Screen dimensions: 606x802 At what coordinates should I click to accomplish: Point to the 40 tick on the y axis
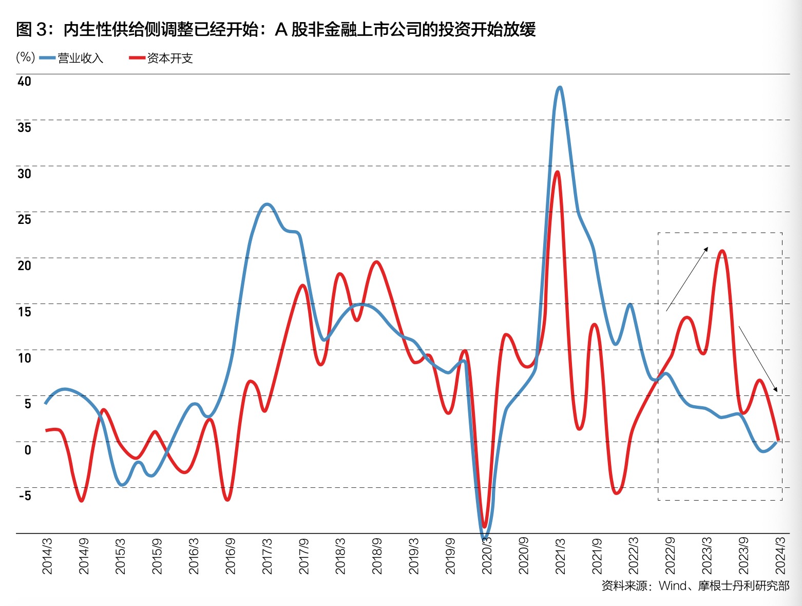click(x=24, y=81)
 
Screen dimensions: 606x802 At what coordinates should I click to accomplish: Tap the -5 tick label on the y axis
click(x=25, y=496)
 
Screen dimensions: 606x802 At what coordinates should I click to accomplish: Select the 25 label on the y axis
click(x=24, y=219)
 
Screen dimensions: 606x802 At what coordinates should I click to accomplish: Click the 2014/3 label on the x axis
click(x=47, y=556)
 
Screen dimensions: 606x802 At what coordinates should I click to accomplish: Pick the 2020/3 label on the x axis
click(x=487, y=556)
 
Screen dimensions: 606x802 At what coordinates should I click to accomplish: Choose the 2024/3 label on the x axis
click(x=781, y=556)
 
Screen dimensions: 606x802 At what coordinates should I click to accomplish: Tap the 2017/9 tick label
click(x=303, y=556)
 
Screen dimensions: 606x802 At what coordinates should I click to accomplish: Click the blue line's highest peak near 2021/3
click(x=560, y=88)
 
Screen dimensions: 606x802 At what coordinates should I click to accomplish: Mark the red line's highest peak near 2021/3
click(x=558, y=172)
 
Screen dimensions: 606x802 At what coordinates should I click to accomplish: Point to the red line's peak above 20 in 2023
click(x=722, y=251)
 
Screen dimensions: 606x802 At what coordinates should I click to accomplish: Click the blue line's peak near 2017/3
click(x=267, y=204)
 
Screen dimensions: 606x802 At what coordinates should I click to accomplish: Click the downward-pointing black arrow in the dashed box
click(x=758, y=359)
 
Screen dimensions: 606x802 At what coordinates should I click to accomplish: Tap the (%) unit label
click(x=25, y=57)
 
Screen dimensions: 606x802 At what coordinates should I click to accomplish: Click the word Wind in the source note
click(x=672, y=585)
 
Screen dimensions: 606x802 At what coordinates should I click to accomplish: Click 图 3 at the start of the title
click(x=31, y=30)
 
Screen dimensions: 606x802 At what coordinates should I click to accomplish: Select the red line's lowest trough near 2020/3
click(x=484, y=527)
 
